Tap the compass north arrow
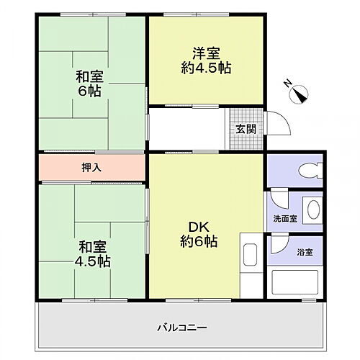pos(299,93)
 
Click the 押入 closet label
pos(91,167)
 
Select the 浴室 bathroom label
pos(305,252)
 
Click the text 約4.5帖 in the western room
pos(205,68)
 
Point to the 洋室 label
pos(205,53)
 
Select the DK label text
pos(198,225)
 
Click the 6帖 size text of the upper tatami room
pos(90,91)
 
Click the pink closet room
pos(91,167)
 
